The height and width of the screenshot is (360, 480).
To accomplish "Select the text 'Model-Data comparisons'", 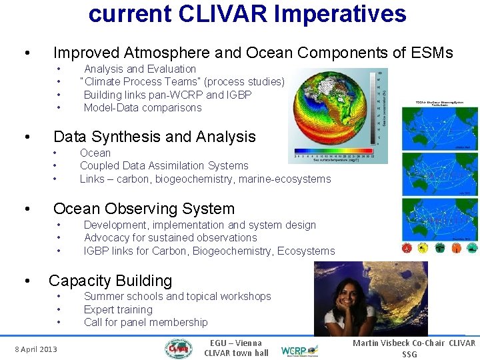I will [x=142, y=107].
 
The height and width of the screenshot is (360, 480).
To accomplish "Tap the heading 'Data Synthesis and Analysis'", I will [x=154, y=137].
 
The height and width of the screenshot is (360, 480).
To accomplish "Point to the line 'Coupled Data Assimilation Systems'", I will [x=164, y=165].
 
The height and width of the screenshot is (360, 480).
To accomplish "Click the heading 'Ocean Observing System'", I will [x=143, y=209].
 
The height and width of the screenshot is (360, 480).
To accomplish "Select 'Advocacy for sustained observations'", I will [x=170, y=237].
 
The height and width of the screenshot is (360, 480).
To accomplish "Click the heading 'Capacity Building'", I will [x=110, y=281].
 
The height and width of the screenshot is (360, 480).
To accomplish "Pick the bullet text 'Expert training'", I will [x=118, y=309].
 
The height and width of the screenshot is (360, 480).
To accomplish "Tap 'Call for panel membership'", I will [x=145, y=322].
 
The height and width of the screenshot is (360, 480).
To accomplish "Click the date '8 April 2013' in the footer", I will [x=36, y=349].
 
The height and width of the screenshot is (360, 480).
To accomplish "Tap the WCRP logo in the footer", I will [x=299, y=349].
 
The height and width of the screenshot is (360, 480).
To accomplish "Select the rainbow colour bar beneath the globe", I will [x=333, y=151].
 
